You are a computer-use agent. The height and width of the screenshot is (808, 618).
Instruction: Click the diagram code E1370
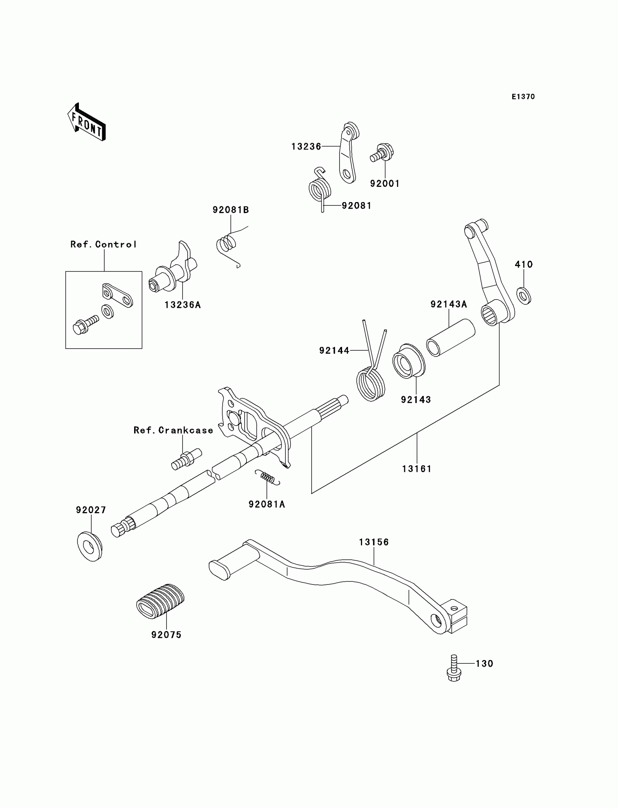tap(523, 97)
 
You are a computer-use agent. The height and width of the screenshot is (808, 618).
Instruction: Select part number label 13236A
tap(182, 305)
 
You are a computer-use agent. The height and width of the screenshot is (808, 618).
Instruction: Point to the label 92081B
tap(230, 210)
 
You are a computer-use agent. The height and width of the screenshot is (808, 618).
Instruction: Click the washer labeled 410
tap(523, 296)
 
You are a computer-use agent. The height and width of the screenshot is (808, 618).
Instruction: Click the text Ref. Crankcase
tap(173, 430)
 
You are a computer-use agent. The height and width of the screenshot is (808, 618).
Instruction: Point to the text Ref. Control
tap(103, 245)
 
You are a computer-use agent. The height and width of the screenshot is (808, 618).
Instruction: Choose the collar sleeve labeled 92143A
tap(450, 338)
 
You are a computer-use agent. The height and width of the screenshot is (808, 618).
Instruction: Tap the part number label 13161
tap(416, 469)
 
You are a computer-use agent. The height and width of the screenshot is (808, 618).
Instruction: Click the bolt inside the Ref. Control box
tap(86, 325)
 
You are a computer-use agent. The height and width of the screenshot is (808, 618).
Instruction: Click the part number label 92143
tap(416, 399)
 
